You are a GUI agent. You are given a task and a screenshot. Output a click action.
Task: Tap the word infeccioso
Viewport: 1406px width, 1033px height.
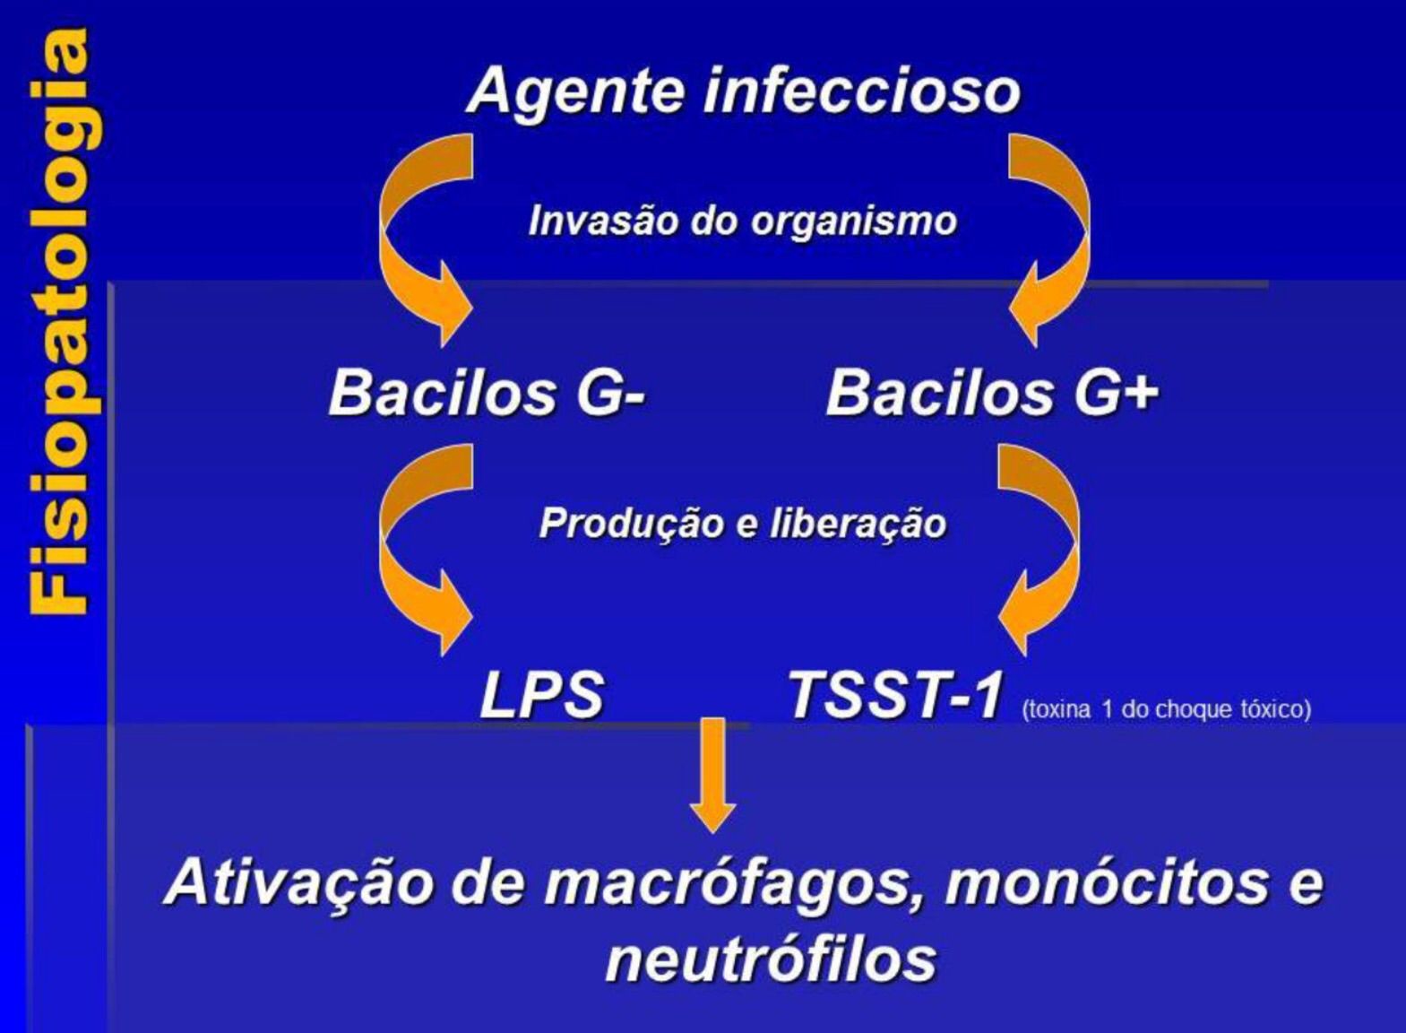861,91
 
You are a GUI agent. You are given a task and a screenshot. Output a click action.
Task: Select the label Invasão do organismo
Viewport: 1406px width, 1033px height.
742,221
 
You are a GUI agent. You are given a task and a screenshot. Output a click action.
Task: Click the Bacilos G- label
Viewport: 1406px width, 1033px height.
487,393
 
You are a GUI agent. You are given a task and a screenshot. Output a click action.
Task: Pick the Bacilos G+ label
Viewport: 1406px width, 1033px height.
991,393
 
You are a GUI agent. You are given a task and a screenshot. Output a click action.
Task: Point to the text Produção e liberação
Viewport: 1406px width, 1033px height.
742,523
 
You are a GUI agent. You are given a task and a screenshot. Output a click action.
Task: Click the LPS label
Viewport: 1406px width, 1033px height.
541,695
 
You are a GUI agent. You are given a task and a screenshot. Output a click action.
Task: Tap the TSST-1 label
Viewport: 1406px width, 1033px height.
893,695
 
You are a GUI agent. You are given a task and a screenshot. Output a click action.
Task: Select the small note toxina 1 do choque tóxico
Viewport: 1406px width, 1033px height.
1166,709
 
